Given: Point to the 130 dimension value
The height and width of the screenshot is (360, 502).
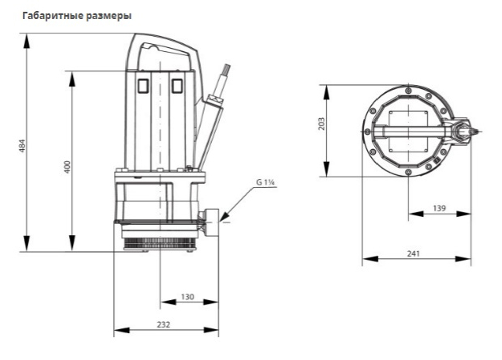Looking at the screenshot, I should (187, 297).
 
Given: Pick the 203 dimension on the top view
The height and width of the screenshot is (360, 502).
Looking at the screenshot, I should (322, 124).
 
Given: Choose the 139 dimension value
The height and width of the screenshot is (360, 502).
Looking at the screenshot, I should (438, 208).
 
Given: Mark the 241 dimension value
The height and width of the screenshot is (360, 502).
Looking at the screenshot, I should (413, 254).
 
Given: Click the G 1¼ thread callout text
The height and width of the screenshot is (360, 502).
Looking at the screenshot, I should (265, 182).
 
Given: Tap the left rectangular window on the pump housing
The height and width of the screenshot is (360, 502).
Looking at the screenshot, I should (143, 86).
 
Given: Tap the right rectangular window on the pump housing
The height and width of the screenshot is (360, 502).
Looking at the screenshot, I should (176, 86).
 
